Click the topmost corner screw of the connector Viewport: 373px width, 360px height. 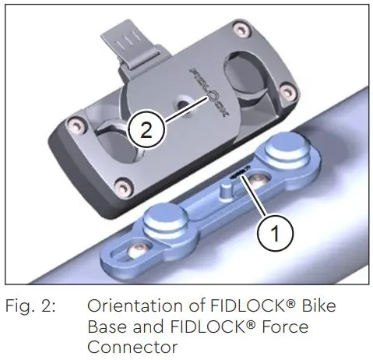click(x=245, y=30)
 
